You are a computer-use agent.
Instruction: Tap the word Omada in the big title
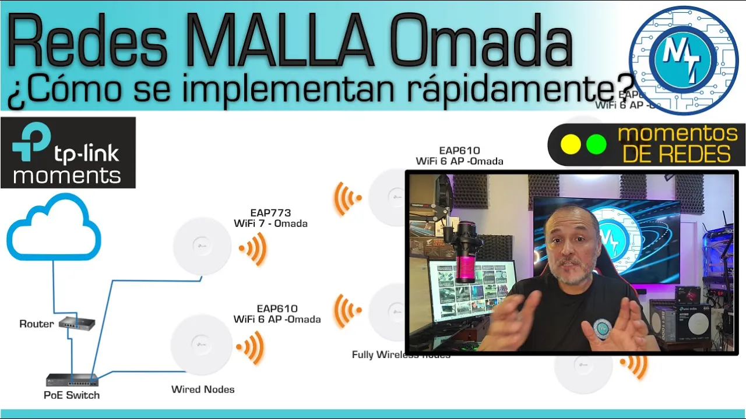tap(481, 42)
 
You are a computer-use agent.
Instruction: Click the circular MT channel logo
tap(684, 60)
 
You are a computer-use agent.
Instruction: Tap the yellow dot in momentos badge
tap(570, 144)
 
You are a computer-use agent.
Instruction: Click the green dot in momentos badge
tap(596, 144)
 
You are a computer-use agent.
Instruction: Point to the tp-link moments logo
tap(68, 152)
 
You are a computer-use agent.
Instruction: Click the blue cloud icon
tap(54, 228)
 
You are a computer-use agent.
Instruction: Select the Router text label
tap(36, 324)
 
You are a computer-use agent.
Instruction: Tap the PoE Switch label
tap(72, 395)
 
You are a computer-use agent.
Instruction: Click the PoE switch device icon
tap(72, 380)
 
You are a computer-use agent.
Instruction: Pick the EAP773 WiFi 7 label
tap(270, 218)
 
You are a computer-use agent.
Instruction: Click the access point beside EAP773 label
tap(202, 246)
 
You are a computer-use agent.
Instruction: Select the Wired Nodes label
tap(203, 389)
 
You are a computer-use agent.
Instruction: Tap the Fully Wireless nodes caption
tap(401, 354)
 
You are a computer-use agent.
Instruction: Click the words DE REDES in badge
tap(676, 154)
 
